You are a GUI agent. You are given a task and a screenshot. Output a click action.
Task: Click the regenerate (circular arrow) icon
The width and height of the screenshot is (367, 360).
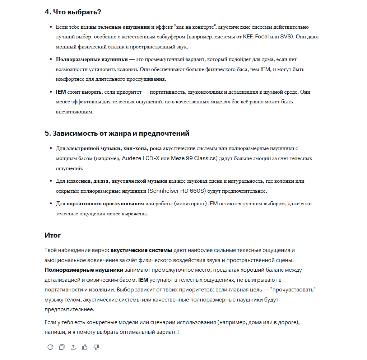point(50,347)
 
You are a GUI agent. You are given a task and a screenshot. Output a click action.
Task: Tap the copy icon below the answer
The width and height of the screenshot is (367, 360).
point(62,347)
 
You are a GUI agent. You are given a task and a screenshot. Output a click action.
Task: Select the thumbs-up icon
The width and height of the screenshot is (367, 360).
point(85,347)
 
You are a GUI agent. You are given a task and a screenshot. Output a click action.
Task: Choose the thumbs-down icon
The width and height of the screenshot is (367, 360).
point(96,347)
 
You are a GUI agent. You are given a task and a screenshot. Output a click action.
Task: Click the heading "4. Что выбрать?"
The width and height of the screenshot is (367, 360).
point(73,12)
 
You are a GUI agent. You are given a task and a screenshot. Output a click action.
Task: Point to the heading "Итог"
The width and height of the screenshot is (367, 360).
point(53,235)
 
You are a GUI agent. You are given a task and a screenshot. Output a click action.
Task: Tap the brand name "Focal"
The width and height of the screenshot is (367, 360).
point(261,37)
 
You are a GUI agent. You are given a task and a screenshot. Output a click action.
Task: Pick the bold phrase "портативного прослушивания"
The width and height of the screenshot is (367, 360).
point(105,204)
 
